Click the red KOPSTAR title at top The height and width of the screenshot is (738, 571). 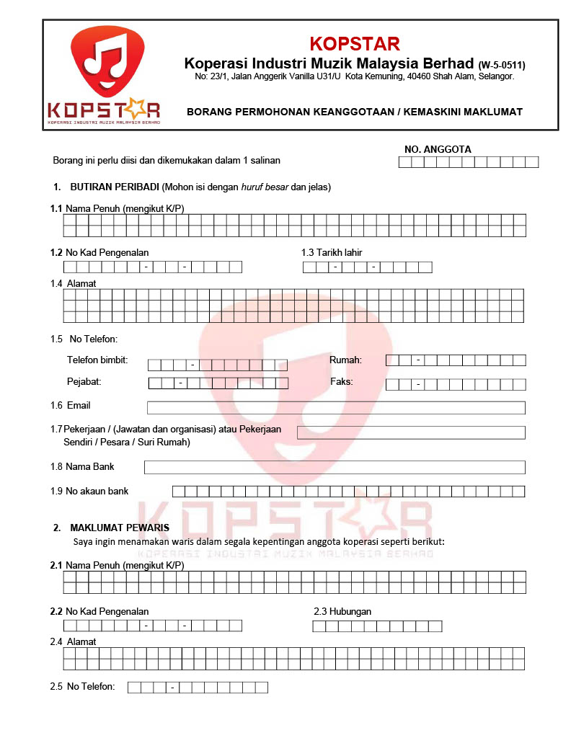coord(355,43)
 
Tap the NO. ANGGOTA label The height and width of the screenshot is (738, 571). coord(438,149)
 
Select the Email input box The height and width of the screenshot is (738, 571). coord(336,408)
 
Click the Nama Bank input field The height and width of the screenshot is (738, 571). coord(335,467)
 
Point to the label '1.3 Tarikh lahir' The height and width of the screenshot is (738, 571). coord(332,253)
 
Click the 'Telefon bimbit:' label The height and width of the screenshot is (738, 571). coord(97,360)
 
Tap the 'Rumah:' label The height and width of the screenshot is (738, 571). coord(345,360)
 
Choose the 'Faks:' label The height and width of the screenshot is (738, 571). coord(342,381)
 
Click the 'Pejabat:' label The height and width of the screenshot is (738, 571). coord(84,381)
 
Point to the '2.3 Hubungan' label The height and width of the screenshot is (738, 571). coord(342,611)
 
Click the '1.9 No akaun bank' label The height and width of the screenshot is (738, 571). coord(89,491)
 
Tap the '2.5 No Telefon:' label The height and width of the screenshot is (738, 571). coord(82,686)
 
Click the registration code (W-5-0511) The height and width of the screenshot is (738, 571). coord(502,65)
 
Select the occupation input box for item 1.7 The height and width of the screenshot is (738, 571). coord(411,432)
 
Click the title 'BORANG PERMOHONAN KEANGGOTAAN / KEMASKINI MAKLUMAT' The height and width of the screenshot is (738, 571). coord(355,112)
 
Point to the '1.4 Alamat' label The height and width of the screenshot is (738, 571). coord(74,283)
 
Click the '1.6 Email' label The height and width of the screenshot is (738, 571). coord(71,406)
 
